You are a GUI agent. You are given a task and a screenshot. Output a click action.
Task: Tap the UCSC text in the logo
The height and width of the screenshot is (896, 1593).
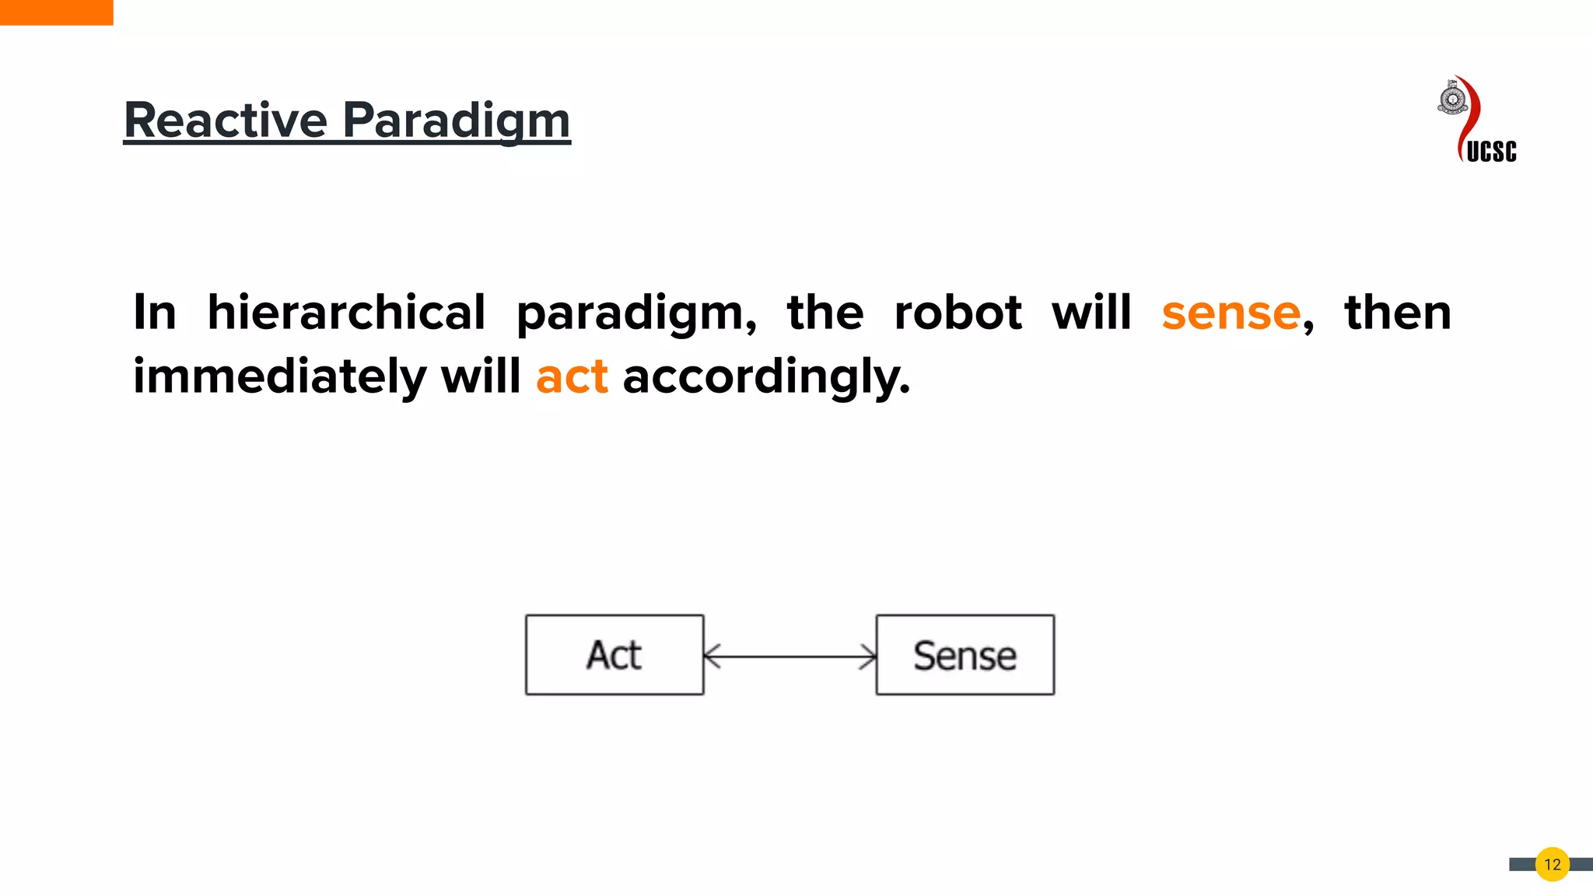coord(1491,151)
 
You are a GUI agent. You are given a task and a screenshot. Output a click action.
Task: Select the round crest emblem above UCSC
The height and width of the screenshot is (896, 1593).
coord(1451,100)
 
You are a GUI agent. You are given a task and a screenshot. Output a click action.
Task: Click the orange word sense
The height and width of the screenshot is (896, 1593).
coord(1231,313)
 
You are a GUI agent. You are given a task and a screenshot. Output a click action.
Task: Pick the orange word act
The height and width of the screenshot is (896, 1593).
coord(572,377)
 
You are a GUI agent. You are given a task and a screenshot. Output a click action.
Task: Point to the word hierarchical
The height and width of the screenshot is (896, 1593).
coord(346,313)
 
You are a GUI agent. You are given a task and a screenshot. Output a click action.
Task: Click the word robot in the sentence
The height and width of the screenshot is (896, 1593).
coord(958,313)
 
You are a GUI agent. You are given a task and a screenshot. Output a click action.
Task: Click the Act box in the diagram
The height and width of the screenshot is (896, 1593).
coord(614,655)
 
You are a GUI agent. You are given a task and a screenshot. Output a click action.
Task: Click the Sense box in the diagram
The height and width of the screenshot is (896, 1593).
coord(965,655)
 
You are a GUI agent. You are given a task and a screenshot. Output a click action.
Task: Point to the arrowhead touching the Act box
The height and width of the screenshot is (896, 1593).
coord(710,656)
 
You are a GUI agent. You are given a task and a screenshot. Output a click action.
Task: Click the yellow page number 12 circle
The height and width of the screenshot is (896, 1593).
coord(1552,864)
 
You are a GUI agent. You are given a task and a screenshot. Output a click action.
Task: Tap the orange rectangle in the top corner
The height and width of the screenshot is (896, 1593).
coord(56,12)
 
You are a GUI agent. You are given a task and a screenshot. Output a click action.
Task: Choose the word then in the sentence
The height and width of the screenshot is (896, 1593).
coord(1397,313)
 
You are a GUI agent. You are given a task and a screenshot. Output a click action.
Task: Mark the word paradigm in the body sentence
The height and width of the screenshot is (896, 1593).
coord(635,314)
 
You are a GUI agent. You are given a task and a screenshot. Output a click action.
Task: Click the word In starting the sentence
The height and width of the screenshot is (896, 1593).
coord(155,313)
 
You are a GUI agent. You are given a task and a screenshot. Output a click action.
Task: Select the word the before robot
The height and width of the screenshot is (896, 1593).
coord(825,313)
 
